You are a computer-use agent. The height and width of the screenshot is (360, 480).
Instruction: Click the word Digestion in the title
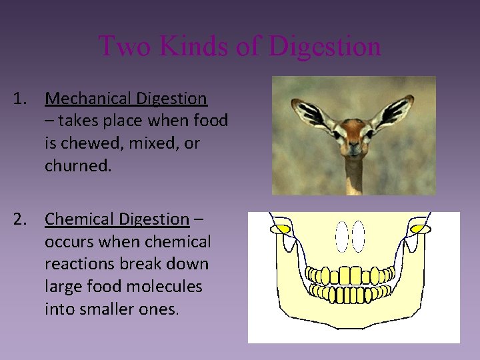click(325, 47)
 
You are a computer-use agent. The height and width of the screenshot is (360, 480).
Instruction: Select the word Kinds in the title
click(195, 46)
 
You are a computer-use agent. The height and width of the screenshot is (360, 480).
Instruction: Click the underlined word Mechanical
click(88, 99)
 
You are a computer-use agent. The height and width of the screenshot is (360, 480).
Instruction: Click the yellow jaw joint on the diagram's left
click(280, 229)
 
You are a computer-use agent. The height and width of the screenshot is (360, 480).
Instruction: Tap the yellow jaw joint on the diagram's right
click(419, 229)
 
